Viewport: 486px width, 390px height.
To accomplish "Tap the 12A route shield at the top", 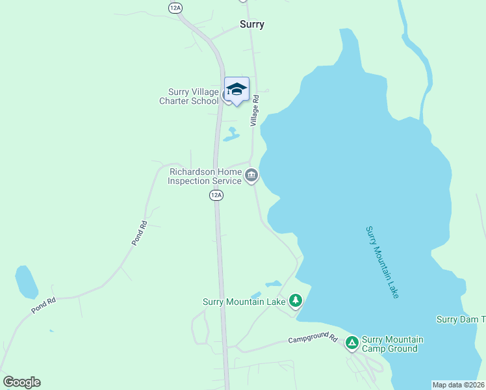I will (x=174, y=7).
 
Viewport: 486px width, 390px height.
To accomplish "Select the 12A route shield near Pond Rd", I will (x=216, y=195).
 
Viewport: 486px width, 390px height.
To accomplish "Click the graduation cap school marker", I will (x=237, y=89).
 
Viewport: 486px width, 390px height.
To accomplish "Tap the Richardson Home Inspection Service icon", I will (x=251, y=175).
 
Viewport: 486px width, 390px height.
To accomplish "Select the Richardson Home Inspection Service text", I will (x=205, y=176).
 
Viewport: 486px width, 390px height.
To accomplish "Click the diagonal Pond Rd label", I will (x=140, y=233).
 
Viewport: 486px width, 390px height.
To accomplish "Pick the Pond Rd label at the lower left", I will (x=44, y=305).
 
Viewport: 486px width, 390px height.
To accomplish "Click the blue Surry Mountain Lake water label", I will (x=382, y=262).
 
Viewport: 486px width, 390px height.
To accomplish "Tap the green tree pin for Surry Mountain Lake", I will (x=296, y=300).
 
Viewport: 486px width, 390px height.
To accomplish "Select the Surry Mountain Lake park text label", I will (x=244, y=302).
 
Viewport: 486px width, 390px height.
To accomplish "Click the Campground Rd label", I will (x=314, y=339).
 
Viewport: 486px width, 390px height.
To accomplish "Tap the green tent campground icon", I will (x=352, y=342).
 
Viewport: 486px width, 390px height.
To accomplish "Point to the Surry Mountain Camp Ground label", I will (x=392, y=344).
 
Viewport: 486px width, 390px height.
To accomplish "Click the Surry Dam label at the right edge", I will (x=461, y=319).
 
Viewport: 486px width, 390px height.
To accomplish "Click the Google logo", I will (x=21, y=382).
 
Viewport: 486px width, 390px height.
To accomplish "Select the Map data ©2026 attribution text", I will (x=459, y=385).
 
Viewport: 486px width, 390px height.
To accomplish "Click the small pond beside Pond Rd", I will (x=26, y=281).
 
